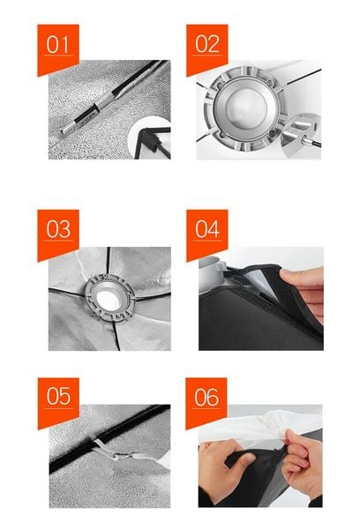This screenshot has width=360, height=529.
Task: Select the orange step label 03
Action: (58, 235)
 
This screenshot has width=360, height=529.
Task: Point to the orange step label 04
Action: (207, 235)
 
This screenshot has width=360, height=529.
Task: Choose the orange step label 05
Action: (58, 403)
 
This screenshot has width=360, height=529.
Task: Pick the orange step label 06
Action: (206, 403)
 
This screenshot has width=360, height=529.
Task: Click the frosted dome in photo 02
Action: (246, 108)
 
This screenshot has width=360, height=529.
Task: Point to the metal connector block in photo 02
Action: (298, 134)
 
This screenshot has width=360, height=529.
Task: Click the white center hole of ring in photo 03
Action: (109, 300)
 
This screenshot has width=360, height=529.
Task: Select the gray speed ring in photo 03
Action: (109, 299)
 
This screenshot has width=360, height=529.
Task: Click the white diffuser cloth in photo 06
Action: (260, 426)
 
